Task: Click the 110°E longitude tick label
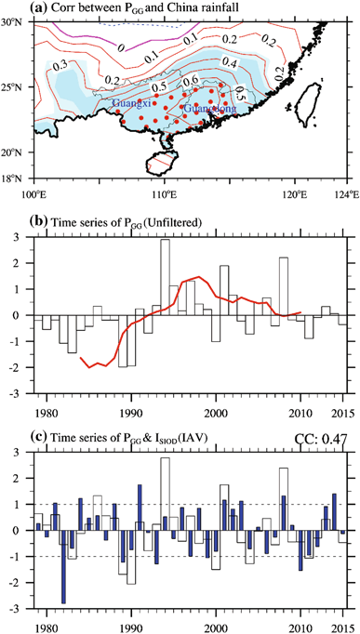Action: pos(164,194)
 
